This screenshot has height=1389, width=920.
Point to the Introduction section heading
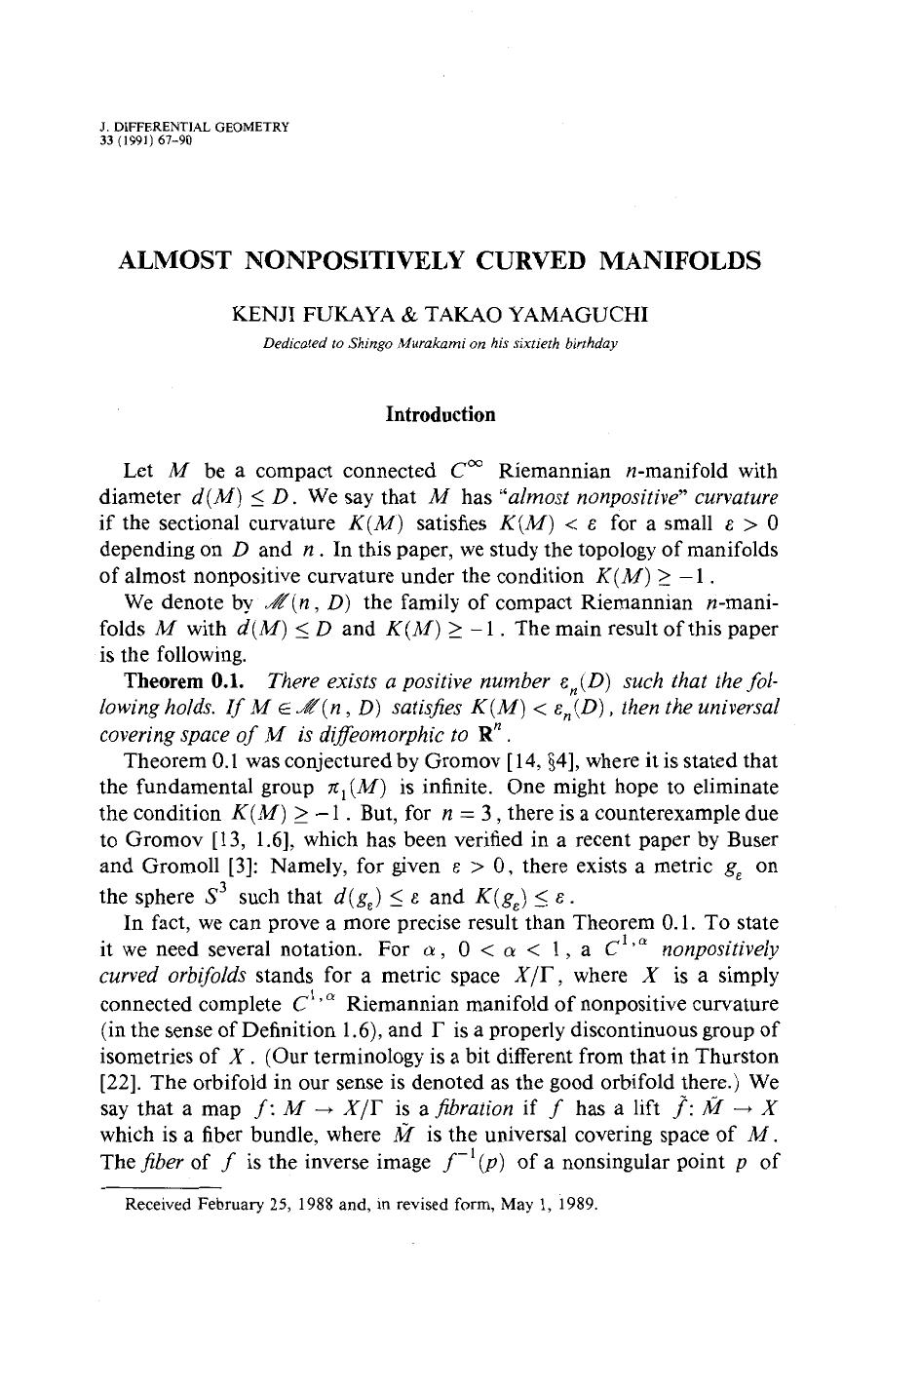tap(441, 414)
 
